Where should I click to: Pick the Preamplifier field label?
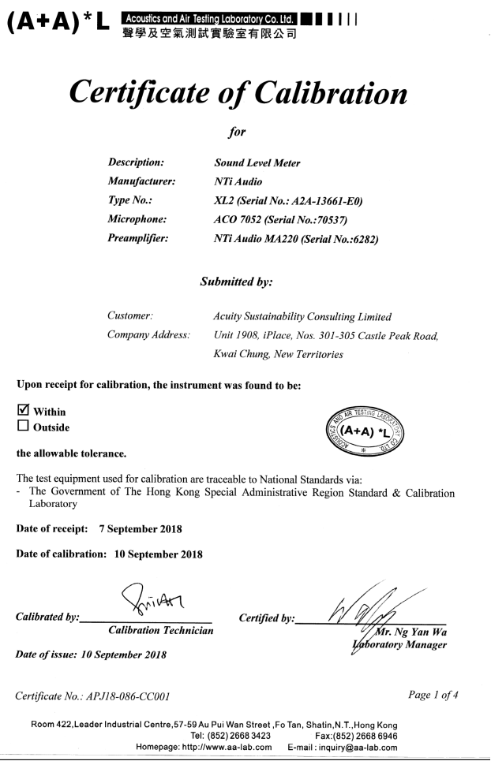[144, 240]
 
